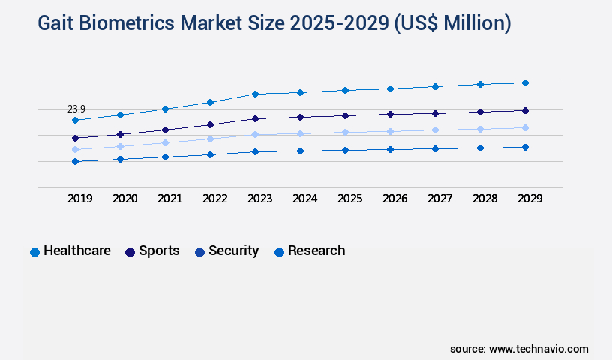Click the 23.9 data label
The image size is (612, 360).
(x=76, y=109)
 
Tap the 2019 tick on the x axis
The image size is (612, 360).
(x=80, y=199)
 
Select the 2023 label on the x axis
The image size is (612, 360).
(x=259, y=199)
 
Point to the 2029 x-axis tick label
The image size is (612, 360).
(x=529, y=199)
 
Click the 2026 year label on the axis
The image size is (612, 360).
(x=394, y=199)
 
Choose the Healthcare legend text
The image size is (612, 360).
(x=77, y=250)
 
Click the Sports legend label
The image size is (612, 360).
(x=159, y=250)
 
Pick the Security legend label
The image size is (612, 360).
(x=234, y=250)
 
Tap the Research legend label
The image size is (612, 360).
(x=316, y=250)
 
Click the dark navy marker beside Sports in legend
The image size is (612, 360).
(x=130, y=252)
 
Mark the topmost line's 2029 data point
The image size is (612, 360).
(x=525, y=82)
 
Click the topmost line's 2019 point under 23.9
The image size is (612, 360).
(x=75, y=120)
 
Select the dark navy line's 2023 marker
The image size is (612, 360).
(x=255, y=118)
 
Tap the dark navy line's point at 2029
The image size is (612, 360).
(x=525, y=110)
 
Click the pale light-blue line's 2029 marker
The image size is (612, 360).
(x=525, y=127)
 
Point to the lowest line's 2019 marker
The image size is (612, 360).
(x=75, y=161)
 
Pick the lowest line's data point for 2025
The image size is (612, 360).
(x=345, y=150)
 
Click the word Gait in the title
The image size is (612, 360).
(x=57, y=23)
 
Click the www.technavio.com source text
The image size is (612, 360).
(x=538, y=349)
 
